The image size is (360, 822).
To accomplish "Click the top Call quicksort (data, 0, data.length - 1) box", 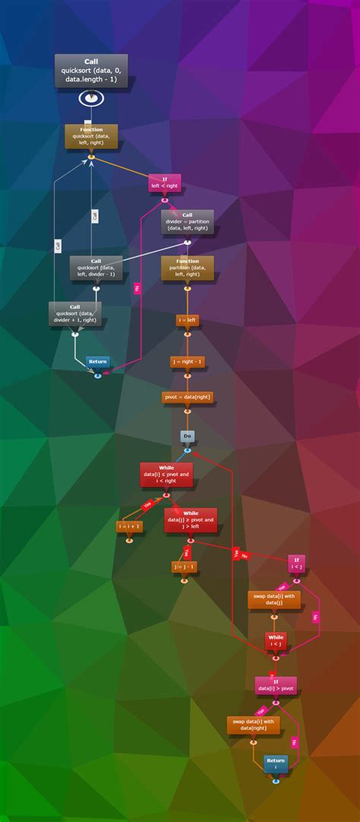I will tap(91, 71).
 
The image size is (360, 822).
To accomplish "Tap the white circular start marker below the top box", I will tap(91, 97).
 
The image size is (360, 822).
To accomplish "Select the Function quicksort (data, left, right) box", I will tap(91, 135).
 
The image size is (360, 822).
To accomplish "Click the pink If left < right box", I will tap(164, 182).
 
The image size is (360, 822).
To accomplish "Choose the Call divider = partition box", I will tap(187, 221).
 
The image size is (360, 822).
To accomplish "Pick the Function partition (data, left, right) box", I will tap(187, 268).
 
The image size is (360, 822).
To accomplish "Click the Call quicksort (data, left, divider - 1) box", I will tap(96, 267).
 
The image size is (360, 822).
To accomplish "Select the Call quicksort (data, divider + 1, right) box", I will tap(75, 314).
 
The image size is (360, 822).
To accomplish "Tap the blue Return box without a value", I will tap(97, 362).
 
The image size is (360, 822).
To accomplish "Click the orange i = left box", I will tap(187, 321).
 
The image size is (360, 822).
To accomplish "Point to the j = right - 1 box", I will tap(187, 362).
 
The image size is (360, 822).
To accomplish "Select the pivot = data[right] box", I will tap(187, 397).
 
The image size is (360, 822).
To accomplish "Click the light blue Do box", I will tap(187, 436).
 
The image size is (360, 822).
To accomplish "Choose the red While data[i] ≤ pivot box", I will tap(166, 474).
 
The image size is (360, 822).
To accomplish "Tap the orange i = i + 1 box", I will tap(128, 526).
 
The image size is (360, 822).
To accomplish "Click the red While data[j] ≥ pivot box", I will tap(191, 520).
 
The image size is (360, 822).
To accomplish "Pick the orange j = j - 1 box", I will tap(184, 567).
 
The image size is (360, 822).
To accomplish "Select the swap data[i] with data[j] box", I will tap(274, 600).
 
